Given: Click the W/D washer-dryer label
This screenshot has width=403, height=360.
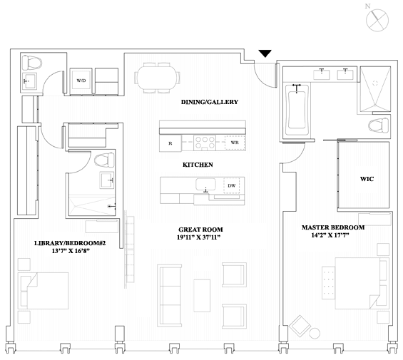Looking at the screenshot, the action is pos(81,81).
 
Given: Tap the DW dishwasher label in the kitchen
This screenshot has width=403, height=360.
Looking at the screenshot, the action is pos(232,185).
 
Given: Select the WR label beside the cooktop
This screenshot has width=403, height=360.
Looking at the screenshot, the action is pos(235,143).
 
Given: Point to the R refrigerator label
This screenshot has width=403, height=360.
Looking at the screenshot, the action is pos(170,143).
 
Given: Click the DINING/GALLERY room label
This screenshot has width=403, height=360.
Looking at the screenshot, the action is pos(210,102).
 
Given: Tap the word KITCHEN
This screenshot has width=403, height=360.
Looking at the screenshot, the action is pos(198,165).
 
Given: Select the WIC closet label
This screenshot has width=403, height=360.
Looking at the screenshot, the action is pos(367,179).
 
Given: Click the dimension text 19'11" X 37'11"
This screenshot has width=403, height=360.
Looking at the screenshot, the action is pos(199,237).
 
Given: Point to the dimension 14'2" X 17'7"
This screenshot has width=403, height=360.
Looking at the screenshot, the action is pos(330,235).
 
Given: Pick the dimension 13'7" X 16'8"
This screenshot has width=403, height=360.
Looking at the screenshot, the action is pos(71,251).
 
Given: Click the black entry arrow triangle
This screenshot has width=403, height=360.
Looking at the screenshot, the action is pos(265,53).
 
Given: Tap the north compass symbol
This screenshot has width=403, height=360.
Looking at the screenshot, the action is pos(377,20).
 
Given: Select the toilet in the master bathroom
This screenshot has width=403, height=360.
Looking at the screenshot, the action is pos(378,125).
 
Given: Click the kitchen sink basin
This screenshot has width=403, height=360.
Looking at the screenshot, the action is pos(205,184).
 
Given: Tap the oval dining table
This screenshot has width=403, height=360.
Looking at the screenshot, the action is pos(157,78).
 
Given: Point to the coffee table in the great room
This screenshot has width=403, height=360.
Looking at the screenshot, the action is pos(202,296).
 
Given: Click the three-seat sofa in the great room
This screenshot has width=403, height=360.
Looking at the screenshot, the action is pos(170,296).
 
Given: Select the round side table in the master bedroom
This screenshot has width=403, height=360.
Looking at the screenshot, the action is pos(315,334).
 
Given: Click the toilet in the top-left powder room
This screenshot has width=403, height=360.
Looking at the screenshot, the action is pos(32,63).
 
